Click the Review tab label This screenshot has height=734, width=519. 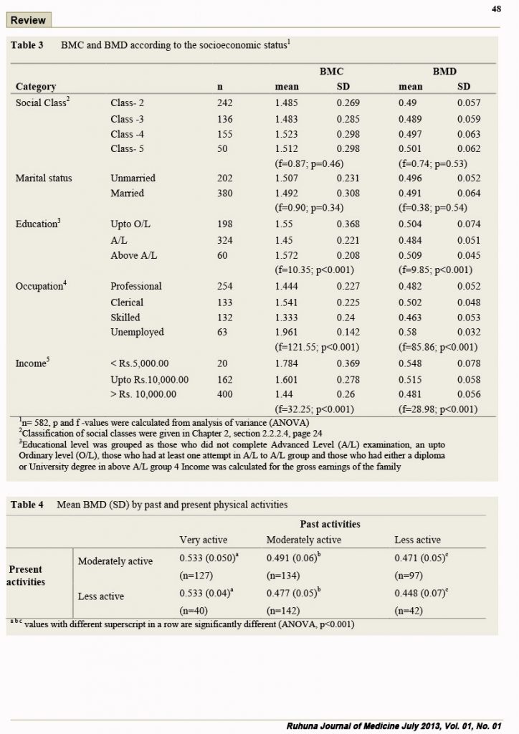(28, 20)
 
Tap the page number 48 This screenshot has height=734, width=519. (496, 9)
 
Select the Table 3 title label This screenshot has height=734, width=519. (27, 45)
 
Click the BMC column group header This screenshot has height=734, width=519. (331, 71)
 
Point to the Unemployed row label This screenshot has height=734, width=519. (137, 332)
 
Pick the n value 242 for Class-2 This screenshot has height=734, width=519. (224, 103)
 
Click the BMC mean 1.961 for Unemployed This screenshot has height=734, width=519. (286, 332)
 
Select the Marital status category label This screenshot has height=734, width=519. (44, 178)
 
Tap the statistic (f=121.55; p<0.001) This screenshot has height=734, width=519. (316, 347)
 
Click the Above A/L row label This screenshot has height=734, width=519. (134, 255)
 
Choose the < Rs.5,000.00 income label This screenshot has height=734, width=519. (140, 363)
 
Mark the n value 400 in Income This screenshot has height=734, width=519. (224, 394)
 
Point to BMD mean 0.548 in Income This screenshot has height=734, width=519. (410, 363)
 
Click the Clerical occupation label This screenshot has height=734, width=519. (127, 302)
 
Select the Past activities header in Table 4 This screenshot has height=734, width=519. (330, 524)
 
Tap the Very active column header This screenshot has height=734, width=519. (204, 540)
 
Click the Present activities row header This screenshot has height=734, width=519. (26, 576)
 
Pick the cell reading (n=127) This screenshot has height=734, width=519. (196, 576)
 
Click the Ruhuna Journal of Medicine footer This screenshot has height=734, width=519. (394, 726)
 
